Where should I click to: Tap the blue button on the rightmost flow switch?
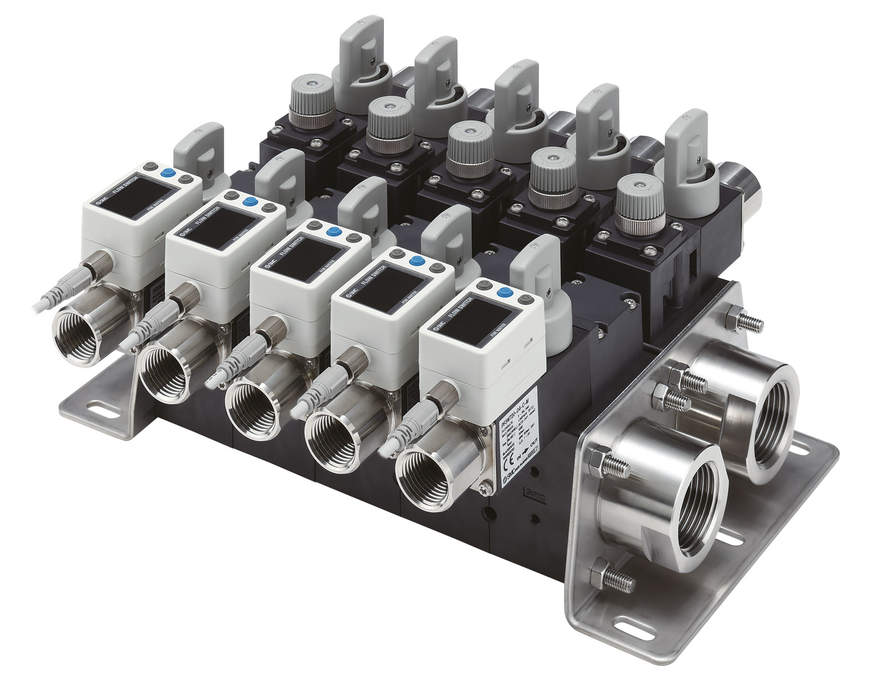pos(504,292)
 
